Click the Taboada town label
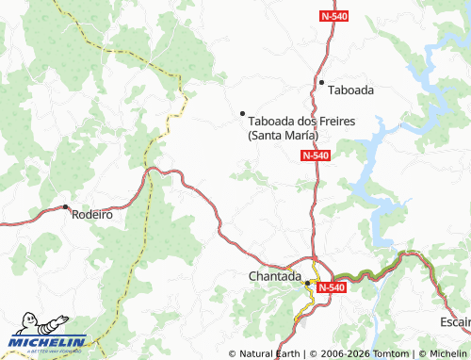pos(351,90)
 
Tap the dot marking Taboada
pos(321,83)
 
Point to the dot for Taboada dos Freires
pos(243,113)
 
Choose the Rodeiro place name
pos(92,214)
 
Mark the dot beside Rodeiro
pos(65,206)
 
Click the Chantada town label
pos(274,277)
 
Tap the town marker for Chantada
pos(307,282)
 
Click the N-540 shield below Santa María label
pos(317,155)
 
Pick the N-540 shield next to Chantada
pos(331,286)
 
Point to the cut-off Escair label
pos(454,322)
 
